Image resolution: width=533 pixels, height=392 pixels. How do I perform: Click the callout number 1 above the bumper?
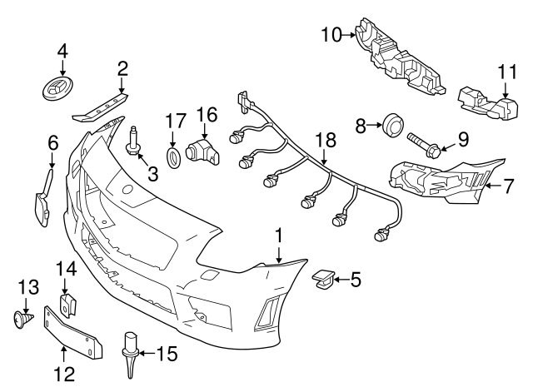[280, 237]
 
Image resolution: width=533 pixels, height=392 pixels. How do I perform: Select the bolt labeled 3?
[133, 141]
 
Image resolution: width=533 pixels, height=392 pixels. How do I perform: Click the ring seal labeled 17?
[175, 157]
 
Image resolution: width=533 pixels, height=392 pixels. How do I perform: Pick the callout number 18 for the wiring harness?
[322, 139]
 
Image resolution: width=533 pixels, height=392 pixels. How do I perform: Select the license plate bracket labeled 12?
[73, 334]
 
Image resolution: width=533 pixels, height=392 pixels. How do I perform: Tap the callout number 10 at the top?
[332, 34]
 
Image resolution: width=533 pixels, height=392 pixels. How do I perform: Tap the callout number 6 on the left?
[52, 143]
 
